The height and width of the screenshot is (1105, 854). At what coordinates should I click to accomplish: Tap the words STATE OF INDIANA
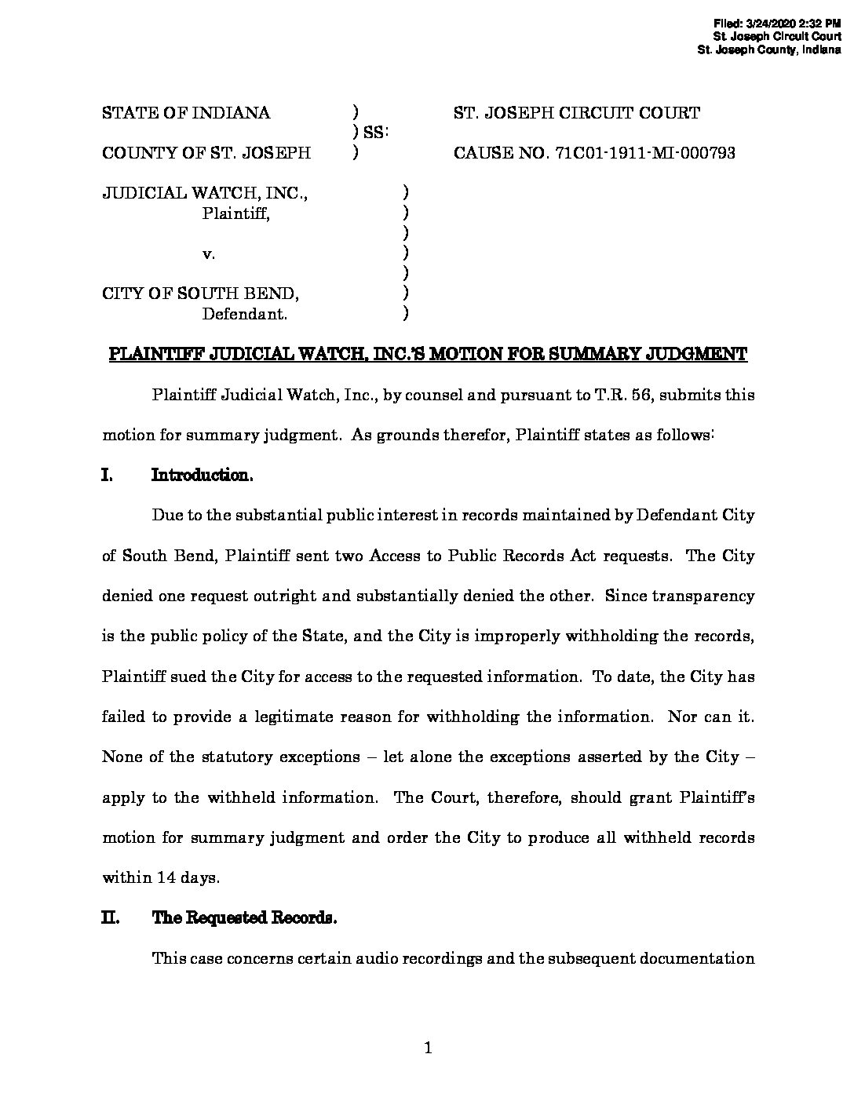pyautogui.click(x=186, y=113)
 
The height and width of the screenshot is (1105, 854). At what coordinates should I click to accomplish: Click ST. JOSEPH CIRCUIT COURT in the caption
pyautogui.click(x=577, y=113)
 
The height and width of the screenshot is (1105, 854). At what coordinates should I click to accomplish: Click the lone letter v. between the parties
pyautogui.click(x=209, y=253)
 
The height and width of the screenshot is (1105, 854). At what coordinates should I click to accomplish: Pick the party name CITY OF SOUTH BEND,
pyautogui.click(x=200, y=294)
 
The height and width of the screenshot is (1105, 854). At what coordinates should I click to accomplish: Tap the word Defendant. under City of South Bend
pyautogui.click(x=245, y=315)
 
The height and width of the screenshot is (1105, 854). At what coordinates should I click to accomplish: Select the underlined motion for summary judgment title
pyautogui.click(x=427, y=354)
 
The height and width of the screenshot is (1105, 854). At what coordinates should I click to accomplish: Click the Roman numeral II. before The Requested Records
pyautogui.click(x=110, y=917)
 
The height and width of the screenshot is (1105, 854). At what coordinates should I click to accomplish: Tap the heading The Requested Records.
pyautogui.click(x=244, y=917)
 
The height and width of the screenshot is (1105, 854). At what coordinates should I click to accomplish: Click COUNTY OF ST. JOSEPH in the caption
pyautogui.click(x=206, y=153)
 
